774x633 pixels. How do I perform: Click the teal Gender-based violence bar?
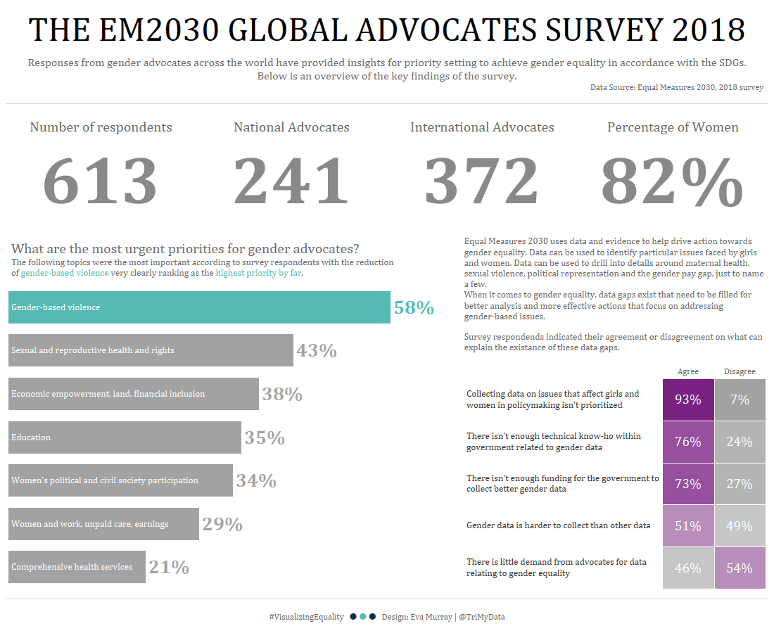(x=199, y=307)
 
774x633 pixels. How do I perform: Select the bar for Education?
(x=125, y=437)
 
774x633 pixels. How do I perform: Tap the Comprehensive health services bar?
(x=77, y=567)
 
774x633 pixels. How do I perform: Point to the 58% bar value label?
(x=414, y=308)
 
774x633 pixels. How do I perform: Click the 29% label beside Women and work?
(x=222, y=525)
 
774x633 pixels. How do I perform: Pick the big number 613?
(x=101, y=181)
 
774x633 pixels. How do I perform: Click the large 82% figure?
(x=672, y=181)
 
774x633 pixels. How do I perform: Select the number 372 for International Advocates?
(x=482, y=181)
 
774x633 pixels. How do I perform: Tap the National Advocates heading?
(x=291, y=127)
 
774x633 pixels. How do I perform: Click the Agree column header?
(x=687, y=371)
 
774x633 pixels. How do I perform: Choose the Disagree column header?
(x=740, y=371)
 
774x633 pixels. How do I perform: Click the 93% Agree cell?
(x=688, y=399)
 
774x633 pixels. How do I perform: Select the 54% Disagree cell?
(x=740, y=568)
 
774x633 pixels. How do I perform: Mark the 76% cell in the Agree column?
(x=688, y=442)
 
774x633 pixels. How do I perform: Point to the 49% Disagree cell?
(x=740, y=526)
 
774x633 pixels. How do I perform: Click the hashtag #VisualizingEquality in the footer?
(x=306, y=617)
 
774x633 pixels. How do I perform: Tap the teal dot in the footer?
(x=362, y=617)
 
